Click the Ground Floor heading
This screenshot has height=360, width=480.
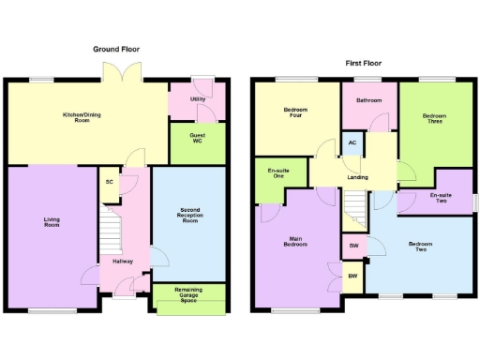116,48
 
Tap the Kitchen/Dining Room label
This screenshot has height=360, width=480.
82,118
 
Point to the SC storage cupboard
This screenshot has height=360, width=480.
110,182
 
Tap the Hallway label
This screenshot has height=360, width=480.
123,262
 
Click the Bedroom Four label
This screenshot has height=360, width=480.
295,114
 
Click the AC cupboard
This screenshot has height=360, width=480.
352,142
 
